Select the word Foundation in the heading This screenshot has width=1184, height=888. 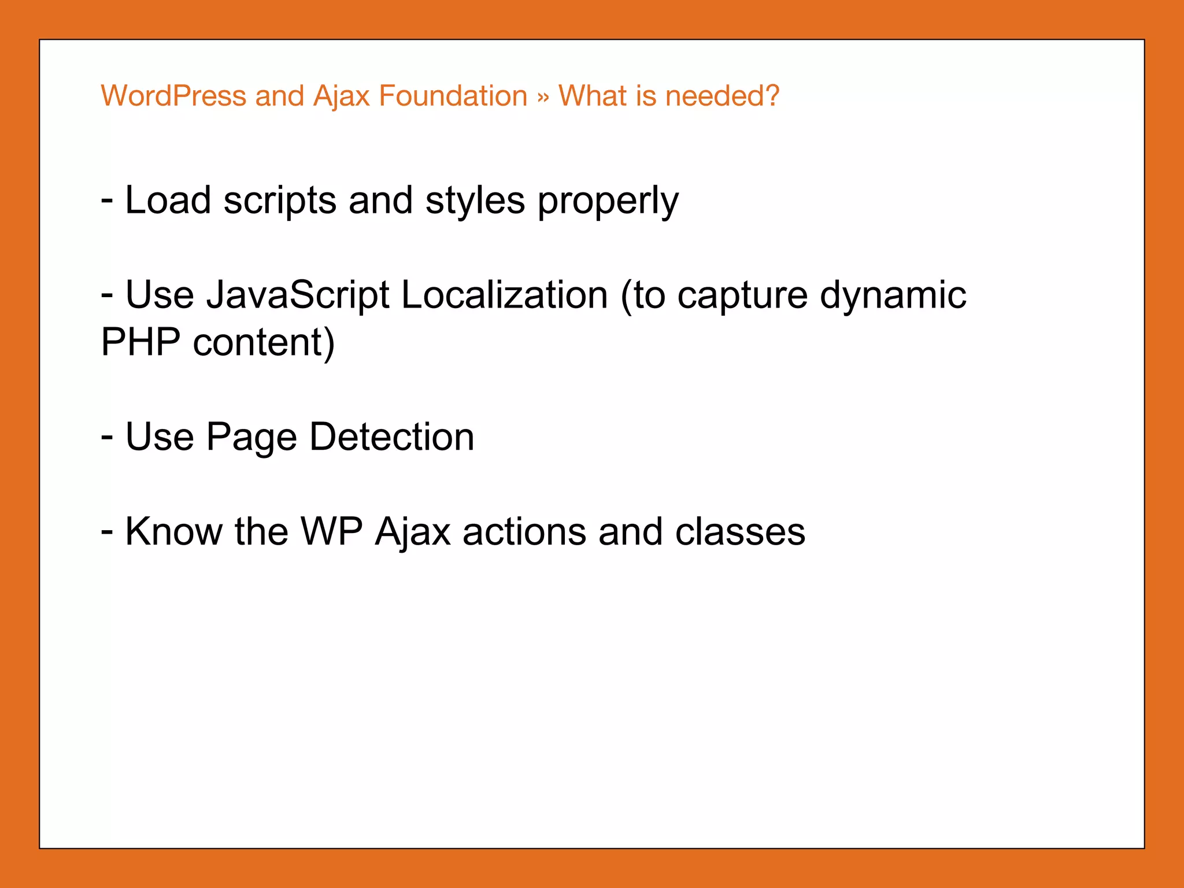(x=453, y=96)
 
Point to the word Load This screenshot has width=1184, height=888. (x=168, y=201)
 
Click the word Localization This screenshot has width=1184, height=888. (x=504, y=295)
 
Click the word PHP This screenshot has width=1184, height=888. (x=140, y=342)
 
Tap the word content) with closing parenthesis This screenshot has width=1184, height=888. (x=264, y=343)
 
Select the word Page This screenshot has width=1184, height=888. (x=252, y=438)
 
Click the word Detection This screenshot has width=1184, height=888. (x=392, y=436)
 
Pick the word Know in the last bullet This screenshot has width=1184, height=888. (x=173, y=531)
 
